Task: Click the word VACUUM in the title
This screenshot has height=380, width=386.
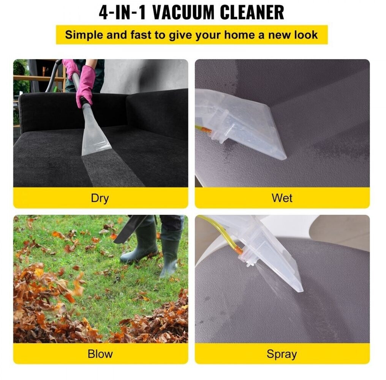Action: coord(184,12)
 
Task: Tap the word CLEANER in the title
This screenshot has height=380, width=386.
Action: coord(252,12)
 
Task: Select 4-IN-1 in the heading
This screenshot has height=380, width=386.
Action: coord(122,12)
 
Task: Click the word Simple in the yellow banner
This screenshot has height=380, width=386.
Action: coord(84,35)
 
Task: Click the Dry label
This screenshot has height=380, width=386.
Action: coord(100,198)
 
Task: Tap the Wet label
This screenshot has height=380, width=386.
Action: coord(282,198)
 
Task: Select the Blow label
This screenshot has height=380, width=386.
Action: coord(100,354)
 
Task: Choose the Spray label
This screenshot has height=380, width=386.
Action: coord(282,355)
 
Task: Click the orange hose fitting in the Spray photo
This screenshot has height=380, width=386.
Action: coord(238,250)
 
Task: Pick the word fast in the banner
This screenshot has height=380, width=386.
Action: coord(141,35)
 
